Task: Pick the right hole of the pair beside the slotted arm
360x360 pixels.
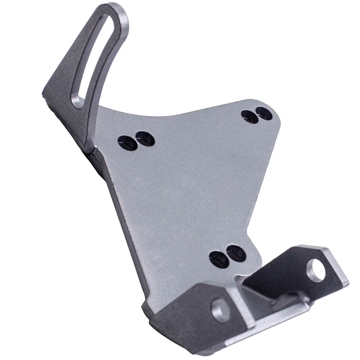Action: pyautogui.click(x=145, y=139)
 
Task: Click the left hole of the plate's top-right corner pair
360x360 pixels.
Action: pyautogui.click(x=249, y=117)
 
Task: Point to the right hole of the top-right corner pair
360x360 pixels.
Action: pyautogui.click(x=264, y=113)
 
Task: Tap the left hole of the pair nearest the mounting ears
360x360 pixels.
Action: pyautogui.click(x=219, y=260)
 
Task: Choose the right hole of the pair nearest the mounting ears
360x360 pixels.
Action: pyautogui.click(x=236, y=253)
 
